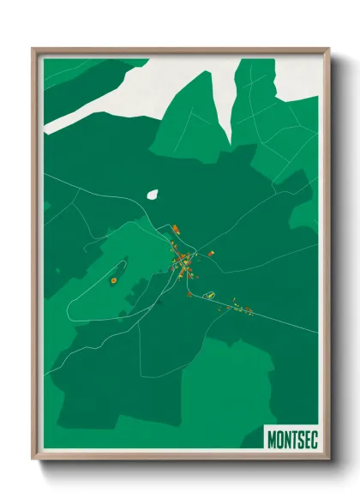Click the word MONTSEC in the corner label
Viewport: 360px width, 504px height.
[x=292, y=438]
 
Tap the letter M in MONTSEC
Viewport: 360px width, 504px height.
[x=272, y=438]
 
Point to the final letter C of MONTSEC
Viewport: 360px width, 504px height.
[x=313, y=438]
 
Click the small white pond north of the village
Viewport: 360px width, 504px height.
[x=153, y=195]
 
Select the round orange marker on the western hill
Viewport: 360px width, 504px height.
[x=113, y=279]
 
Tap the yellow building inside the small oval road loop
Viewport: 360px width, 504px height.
[x=207, y=294]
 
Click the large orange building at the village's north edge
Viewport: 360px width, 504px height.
[x=175, y=229]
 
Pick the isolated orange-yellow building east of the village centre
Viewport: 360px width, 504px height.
[x=211, y=254]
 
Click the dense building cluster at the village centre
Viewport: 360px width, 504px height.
[x=183, y=261]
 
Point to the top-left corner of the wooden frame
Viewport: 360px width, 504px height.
[x=33, y=50]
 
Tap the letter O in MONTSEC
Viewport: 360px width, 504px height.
[x=281, y=438]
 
